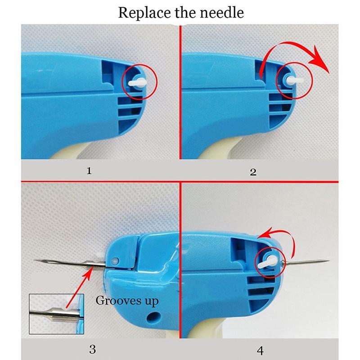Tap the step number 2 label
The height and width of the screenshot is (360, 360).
point(253,171)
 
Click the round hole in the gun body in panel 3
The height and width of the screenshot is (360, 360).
point(156,315)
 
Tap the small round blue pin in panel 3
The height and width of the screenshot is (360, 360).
point(115,260)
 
